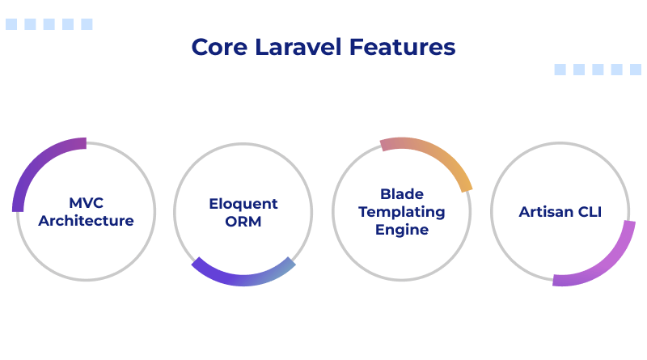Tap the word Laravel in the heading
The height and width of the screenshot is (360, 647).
pyautogui.click(x=296, y=47)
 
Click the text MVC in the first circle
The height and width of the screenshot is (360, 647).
pyautogui.click(x=86, y=203)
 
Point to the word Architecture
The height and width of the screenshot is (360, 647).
pyautogui.click(x=86, y=220)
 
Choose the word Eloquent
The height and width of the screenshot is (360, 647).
pyautogui.click(x=243, y=204)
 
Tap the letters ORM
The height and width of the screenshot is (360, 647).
pyautogui.click(x=243, y=221)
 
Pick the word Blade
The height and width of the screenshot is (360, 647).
pyautogui.click(x=402, y=194)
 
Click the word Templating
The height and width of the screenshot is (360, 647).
pyautogui.click(x=402, y=212)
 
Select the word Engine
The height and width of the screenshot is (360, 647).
pyautogui.click(x=402, y=229)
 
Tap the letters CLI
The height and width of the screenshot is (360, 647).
pyautogui.click(x=589, y=213)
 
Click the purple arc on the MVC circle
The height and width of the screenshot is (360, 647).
pyautogui.click(x=36, y=165)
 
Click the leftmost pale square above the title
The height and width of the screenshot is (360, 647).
pyautogui.click(x=11, y=24)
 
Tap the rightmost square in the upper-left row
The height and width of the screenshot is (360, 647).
pyautogui.click(x=87, y=24)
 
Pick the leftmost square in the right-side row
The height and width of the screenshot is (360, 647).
pyautogui.click(x=560, y=70)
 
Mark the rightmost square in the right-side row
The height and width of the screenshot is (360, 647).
pyautogui.click(x=636, y=70)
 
